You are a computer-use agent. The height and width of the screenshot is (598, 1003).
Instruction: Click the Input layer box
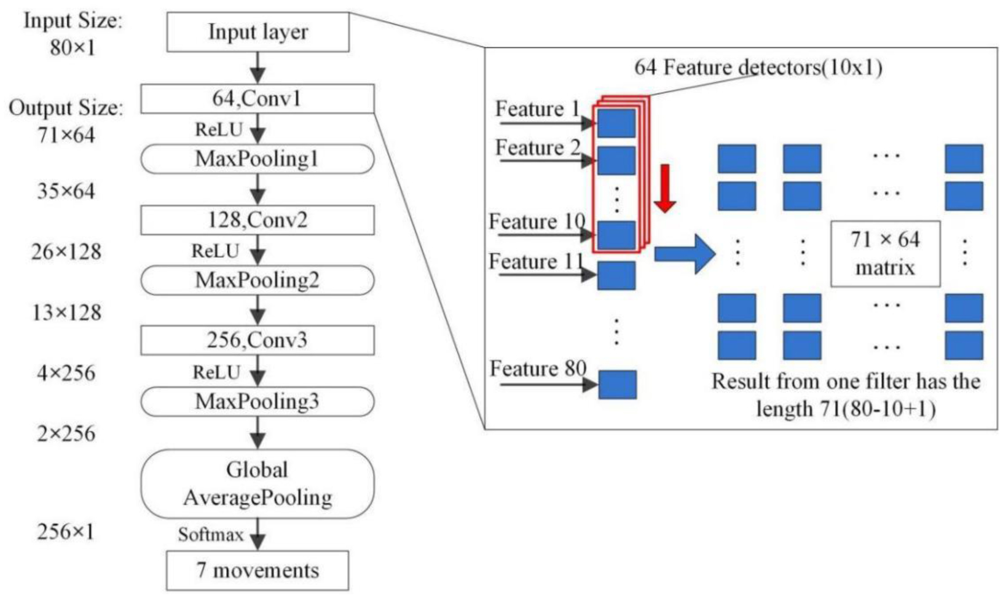pyautogui.click(x=258, y=33)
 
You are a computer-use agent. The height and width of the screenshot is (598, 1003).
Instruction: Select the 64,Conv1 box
pyautogui.click(x=258, y=99)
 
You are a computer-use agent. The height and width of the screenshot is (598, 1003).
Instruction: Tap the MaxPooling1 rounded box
pyautogui.click(x=258, y=159)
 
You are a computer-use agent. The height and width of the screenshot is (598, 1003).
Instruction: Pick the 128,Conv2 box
pyautogui.click(x=258, y=220)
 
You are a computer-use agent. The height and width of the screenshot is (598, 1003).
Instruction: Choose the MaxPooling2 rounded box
pyautogui.click(x=258, y=280)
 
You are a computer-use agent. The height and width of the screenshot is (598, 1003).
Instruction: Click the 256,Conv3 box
pyautogui.click(x=258, y=340)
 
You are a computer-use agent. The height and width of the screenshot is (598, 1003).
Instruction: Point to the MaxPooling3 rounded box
pyautogui.click(x=258, y=402)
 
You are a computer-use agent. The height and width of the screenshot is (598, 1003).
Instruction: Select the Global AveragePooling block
pyautogui.click(x=258, y=484)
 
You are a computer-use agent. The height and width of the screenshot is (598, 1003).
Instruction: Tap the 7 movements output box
pyautogui.click(x=258, y=570)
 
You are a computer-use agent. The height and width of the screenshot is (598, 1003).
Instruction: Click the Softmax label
pyautogui.click(x=211, y=535)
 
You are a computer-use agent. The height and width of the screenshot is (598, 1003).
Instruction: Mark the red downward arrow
pyautogui.click(x=664, y=188)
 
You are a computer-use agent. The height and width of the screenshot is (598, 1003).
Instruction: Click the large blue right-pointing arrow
pyautogui.click(x=684, y=253)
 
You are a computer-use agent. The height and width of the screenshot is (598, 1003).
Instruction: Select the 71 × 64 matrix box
pyautogui.click(x=885, y=254)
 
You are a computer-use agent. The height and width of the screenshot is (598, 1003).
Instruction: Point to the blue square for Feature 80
pyautogui.click(x=617, y=385)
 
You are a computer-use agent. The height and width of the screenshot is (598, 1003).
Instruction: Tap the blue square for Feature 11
pyautogui.click(x=616, y=275)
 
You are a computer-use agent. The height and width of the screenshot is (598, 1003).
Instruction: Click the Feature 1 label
pyautogui.click(x=538, y=109)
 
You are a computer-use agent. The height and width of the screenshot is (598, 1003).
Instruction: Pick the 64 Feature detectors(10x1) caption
pyautogui.click(x=758, y=67)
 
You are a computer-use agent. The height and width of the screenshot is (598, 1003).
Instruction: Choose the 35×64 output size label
pyautogui.click(x=66, y=192)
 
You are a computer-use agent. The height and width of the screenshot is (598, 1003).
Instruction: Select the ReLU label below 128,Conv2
pyautogui.click(x=215, y=251)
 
